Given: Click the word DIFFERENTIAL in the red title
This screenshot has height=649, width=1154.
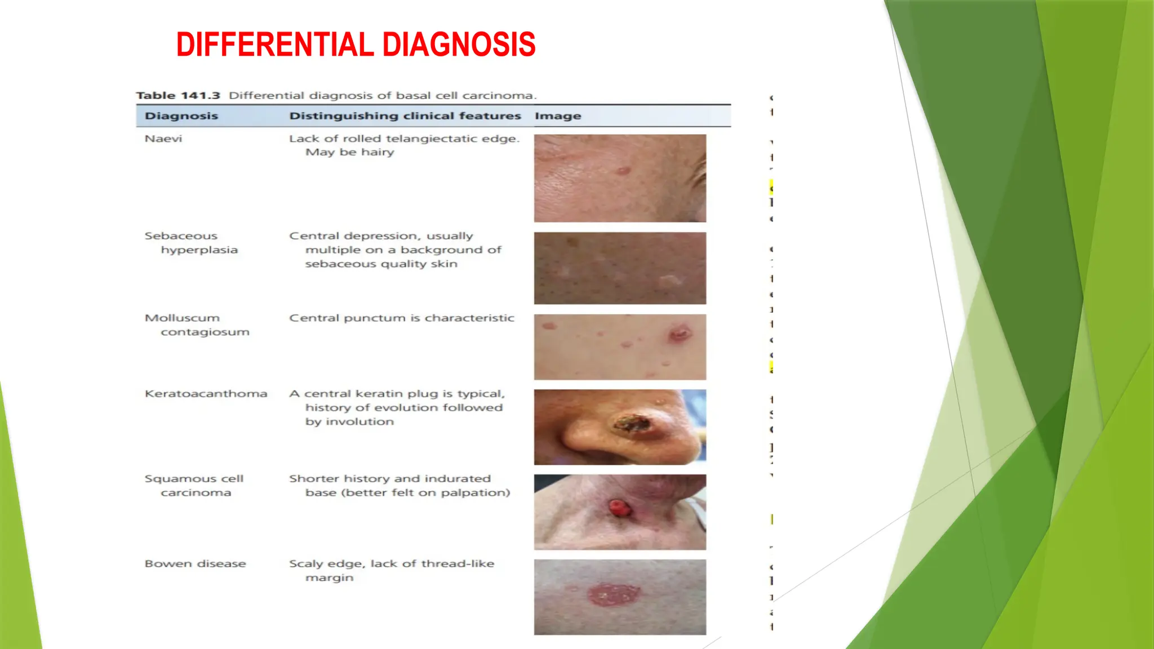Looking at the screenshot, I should (x=276, y=45).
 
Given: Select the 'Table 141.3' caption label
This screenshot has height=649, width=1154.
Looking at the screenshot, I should (x=178, y=96).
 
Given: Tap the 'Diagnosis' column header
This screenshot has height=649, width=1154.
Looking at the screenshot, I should (x=181, y=116).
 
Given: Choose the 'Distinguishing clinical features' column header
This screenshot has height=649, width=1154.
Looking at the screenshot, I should (x=405, y=116).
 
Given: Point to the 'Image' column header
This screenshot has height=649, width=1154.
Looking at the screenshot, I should (x=558, y=116).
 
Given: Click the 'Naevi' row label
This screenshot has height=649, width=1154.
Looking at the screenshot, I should (x=163, y=139).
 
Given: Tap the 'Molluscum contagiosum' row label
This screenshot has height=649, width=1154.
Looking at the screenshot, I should (x=196, y=325).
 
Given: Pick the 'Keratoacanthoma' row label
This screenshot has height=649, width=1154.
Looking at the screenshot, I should (x=206, y=394).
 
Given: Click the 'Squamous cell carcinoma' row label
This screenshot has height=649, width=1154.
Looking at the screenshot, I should (x=194, y=486).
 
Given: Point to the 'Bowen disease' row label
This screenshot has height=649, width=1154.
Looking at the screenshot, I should (x=195, y=564).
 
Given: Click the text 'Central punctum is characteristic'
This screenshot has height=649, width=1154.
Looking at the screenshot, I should (x=402, y=318).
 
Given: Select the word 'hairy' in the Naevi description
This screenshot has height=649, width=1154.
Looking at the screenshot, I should (x=378, y=152).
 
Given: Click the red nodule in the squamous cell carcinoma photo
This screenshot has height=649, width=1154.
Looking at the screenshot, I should (x=620, y=508).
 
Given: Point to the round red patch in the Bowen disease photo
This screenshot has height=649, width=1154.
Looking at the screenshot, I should (x=614, y=595).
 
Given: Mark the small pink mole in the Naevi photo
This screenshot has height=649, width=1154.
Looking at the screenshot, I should (x=622, y=171).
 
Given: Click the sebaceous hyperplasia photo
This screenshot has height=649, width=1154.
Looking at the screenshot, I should (x=620, y=268).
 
